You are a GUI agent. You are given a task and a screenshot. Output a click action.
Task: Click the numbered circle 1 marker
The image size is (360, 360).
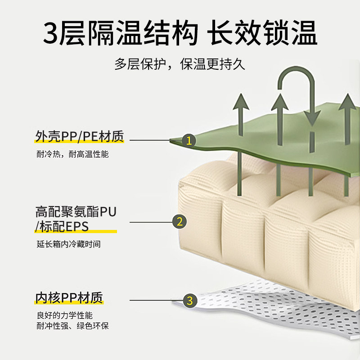[x=189, y=141]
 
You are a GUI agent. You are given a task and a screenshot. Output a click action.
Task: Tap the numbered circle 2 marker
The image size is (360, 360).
[x=179, y=221]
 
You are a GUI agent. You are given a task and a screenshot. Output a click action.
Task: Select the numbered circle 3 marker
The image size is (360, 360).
[x=189, y=300]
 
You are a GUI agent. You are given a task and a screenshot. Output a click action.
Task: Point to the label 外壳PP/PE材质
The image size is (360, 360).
[x=80, y=135]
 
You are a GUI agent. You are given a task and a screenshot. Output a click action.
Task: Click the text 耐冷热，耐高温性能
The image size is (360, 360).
[x=72, y=154]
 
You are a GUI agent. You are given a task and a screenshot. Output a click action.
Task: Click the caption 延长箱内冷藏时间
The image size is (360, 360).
[x=68, y=245]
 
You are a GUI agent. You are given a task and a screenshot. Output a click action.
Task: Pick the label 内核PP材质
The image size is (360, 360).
[x=69, y=298]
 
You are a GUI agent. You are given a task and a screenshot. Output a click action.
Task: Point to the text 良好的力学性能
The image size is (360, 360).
[x=65, y=315]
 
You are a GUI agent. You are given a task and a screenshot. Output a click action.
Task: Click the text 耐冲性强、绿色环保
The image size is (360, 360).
[x=72, y=326]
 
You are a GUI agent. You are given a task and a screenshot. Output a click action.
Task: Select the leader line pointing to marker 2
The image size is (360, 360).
[x=151, y=222]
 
